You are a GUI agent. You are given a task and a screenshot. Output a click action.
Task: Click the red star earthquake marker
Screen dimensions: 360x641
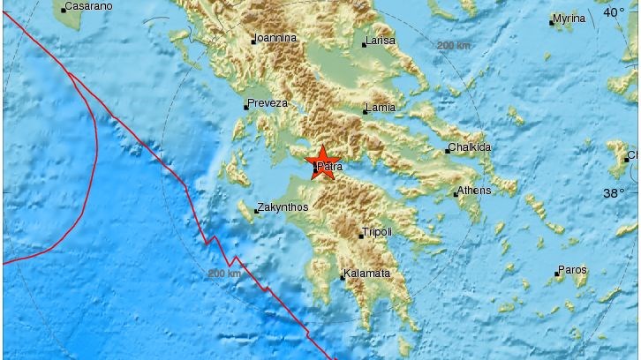(321, 163)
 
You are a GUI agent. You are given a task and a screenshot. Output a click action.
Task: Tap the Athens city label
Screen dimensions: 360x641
(475, 190)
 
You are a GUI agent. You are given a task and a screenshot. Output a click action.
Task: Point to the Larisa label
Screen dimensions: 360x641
(381, 41)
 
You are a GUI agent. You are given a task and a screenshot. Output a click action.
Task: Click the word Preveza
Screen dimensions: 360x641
(268, 103)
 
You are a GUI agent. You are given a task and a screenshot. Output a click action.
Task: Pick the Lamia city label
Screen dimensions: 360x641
(381, 108)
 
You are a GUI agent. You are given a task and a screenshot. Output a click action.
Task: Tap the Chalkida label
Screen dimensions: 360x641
(471, 147)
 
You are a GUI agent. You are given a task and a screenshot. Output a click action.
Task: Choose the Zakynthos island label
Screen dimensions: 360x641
(281, 210)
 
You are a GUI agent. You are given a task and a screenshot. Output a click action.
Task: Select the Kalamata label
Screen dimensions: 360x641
(368, 274)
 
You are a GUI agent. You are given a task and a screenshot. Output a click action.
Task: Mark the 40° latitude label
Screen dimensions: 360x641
(613, 12)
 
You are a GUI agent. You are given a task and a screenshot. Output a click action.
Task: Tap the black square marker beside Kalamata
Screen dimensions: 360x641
(343, 278)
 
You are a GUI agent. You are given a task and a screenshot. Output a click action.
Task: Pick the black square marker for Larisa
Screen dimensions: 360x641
(364, 44)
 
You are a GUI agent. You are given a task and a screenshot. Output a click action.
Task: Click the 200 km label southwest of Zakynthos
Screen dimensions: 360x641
(224, 274)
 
